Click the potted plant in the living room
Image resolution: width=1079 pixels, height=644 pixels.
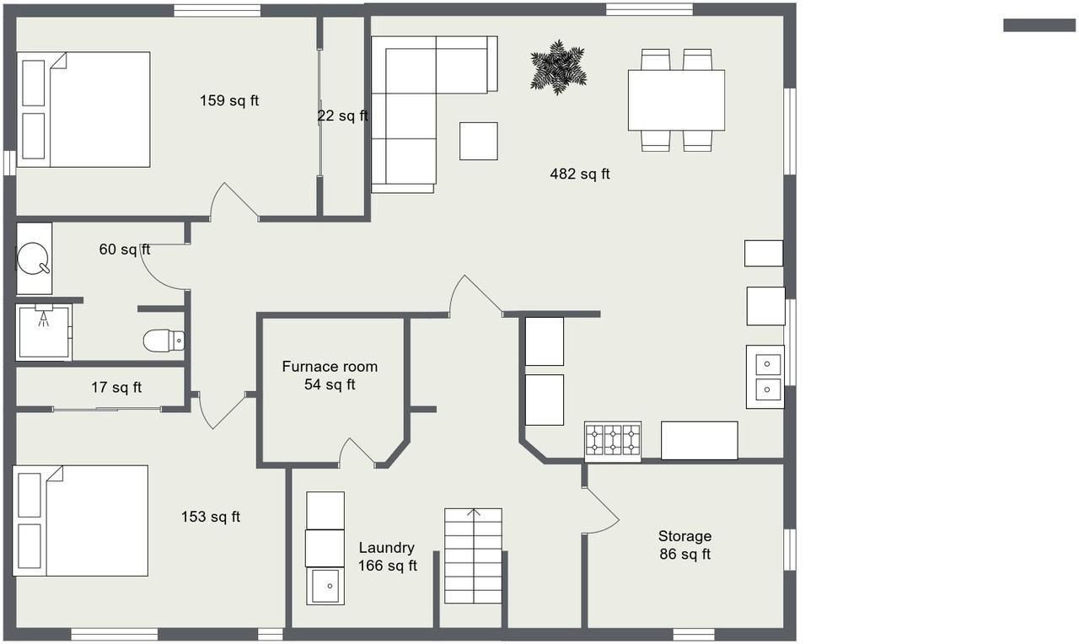tap(558, 67)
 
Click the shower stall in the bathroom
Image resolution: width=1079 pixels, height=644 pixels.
tap(44, 332)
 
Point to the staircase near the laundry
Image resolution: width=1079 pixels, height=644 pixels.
tap(473, 555)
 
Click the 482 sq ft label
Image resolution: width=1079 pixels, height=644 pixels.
tap(580, 174)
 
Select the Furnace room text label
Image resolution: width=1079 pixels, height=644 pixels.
tap(330, 367)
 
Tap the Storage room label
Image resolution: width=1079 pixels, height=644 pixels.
tap(684, 536)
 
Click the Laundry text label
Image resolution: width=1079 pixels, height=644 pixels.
tap(386, 548)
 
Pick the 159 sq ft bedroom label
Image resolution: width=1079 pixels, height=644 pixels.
tap(229, 101)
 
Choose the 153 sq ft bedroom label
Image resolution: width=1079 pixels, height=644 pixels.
tap(211, 517)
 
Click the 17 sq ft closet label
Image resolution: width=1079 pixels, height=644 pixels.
tap(116, 388)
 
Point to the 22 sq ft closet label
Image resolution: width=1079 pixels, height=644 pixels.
tap(342, 116)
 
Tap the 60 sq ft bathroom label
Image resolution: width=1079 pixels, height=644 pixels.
tap(125, 250)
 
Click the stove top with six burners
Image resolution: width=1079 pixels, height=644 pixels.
tap(613, 441)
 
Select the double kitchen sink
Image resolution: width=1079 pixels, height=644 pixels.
tap(765, 377)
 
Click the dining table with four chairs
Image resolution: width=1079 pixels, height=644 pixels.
tap(676, 100)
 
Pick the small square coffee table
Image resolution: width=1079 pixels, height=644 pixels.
tap(478, 141)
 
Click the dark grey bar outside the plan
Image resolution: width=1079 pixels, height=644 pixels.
tap(1039, 25)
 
